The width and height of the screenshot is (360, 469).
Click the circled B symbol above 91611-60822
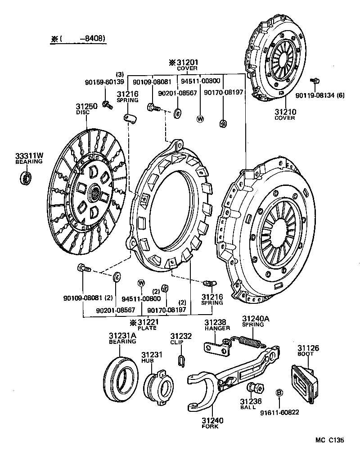[x=279, y=392]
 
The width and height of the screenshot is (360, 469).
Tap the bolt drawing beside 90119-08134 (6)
[x=315, y=81]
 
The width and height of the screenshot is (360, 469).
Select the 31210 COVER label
[x=285, y=114]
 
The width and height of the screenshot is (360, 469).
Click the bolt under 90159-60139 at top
[x=107, y=104]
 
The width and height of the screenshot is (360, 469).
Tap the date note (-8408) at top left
[x=79, y=39]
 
